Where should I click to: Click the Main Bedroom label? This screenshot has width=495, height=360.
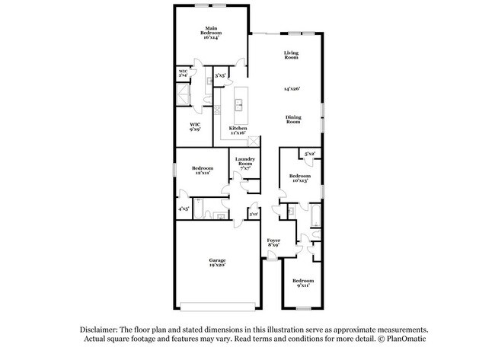(212, 33)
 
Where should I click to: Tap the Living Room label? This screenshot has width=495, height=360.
(291, 56)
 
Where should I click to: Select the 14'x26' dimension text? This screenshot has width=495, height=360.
(292, 89)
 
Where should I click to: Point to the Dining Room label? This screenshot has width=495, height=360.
(294, 119)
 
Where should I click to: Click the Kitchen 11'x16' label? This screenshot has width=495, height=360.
(238, 131)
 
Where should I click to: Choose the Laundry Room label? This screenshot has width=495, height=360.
(244, 162)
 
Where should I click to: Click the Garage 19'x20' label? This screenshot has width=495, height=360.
(218, 263)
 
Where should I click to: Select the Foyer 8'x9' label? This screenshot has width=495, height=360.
(274, 244)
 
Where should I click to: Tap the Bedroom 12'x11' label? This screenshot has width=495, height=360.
(203, 170)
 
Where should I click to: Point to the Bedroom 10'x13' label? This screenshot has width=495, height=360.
(299, 178)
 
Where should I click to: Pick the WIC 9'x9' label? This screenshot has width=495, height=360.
(195, 126)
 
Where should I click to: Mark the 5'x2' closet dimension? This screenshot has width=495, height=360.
(310, 155)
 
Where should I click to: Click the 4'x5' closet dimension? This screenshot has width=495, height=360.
(183, 209)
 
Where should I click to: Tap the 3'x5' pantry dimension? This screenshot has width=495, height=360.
(219, 75)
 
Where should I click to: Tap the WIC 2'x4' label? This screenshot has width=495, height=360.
(183, 74)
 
